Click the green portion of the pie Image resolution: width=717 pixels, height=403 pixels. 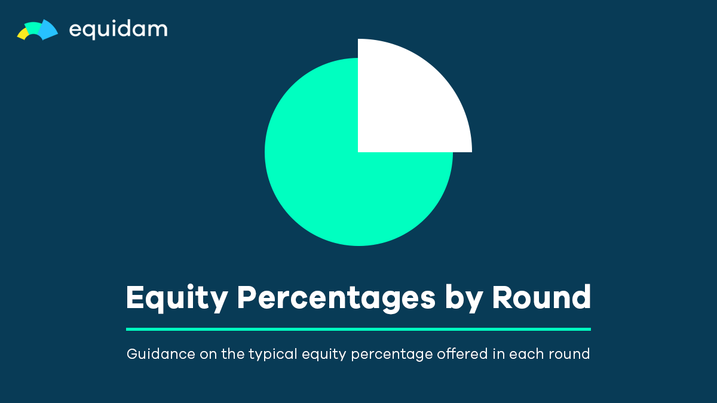coord(339,179)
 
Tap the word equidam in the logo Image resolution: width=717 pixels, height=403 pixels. coord(118,30)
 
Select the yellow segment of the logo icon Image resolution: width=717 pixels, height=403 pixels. coord(23,33)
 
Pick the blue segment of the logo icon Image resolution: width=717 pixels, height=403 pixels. coord(48,30)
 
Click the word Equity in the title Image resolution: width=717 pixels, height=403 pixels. coord(177,299)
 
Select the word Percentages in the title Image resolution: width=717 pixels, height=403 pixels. coord(336,299)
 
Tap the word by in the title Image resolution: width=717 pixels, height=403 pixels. coord(464,299)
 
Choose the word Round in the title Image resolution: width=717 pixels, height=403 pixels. coord(541,297)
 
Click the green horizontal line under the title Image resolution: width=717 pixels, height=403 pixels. coord(358,329)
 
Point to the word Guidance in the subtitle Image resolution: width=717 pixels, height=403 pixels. coord(161,354)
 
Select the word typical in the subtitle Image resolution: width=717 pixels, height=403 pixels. coord(273,355)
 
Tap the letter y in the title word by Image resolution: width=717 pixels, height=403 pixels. coord(473,302)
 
